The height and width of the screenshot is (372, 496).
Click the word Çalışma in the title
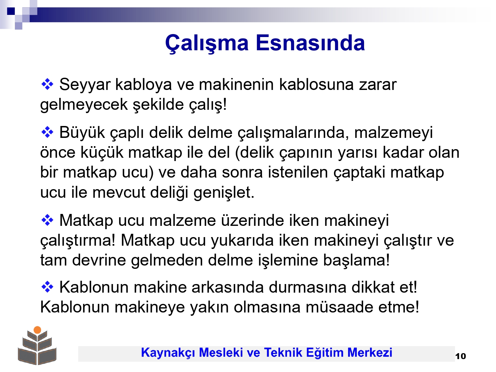207,43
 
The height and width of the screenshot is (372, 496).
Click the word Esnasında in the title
310,43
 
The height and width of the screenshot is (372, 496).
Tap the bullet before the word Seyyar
47,84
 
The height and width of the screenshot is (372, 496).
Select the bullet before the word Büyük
47,132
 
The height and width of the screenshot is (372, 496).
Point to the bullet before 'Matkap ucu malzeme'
47,220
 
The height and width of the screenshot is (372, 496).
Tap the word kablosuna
316,84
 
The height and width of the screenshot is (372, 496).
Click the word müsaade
339,307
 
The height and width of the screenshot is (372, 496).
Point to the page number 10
461,356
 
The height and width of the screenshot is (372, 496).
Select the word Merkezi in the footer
370,352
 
